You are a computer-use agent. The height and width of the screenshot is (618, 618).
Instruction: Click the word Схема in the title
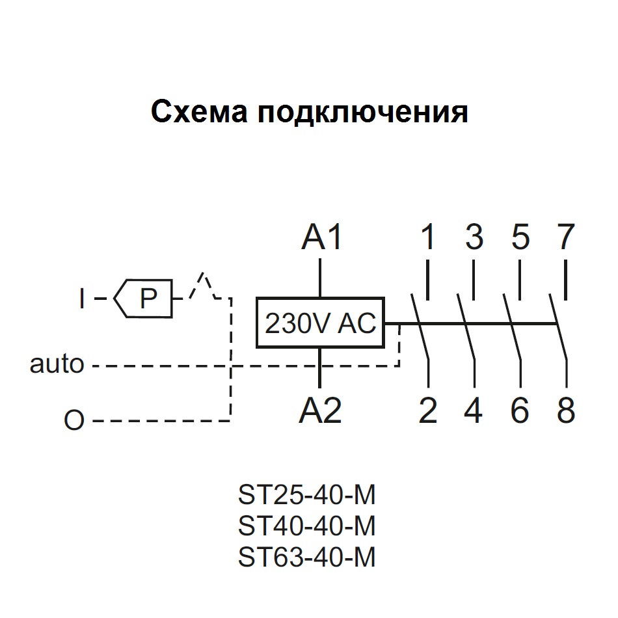(x=200, y=112)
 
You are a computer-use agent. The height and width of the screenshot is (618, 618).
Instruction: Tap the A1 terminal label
(x=321, y=238)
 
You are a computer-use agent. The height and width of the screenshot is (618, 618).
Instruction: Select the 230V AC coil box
(x=320, y=323)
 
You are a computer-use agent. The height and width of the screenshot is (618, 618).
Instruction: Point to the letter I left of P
(x=81, y=299)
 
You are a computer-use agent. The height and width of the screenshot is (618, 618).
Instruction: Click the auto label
(x=57, y=364)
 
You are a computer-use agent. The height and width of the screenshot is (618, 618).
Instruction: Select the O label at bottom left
(x=74, y=421)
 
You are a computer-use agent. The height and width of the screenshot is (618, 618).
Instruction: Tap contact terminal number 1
(x=427, y=238)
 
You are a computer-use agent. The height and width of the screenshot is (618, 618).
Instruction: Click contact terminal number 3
(x=474, y=238)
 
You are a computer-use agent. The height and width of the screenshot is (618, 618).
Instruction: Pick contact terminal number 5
(x=520, y=238)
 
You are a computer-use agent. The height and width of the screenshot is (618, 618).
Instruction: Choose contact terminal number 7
(x=565, y=238)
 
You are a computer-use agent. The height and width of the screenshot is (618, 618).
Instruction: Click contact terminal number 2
(x=427, y=411)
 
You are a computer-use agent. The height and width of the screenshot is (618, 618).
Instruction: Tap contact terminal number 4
(x=474, y=411)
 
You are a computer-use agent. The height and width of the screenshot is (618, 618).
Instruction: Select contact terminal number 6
(x=520, y=411)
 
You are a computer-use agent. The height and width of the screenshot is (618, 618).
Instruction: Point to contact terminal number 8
(x=566, y=411)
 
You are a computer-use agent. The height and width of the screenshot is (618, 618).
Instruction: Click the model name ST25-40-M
(x=307, y=496)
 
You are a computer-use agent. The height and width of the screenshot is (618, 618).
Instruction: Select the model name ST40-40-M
(x=307, y=526)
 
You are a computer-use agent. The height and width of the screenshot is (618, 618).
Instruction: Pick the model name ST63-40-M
(x=307, y=557)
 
